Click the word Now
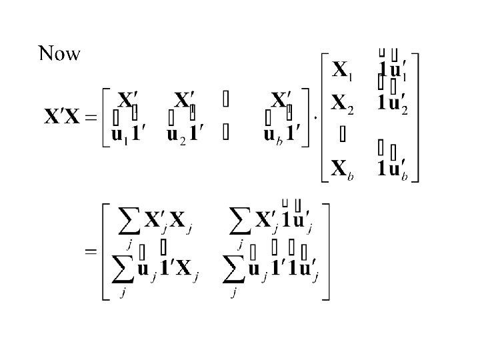tap(59, 53)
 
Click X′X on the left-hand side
tap(64, 118)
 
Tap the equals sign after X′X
tap(91, 119)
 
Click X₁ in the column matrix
tap(343, 69)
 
